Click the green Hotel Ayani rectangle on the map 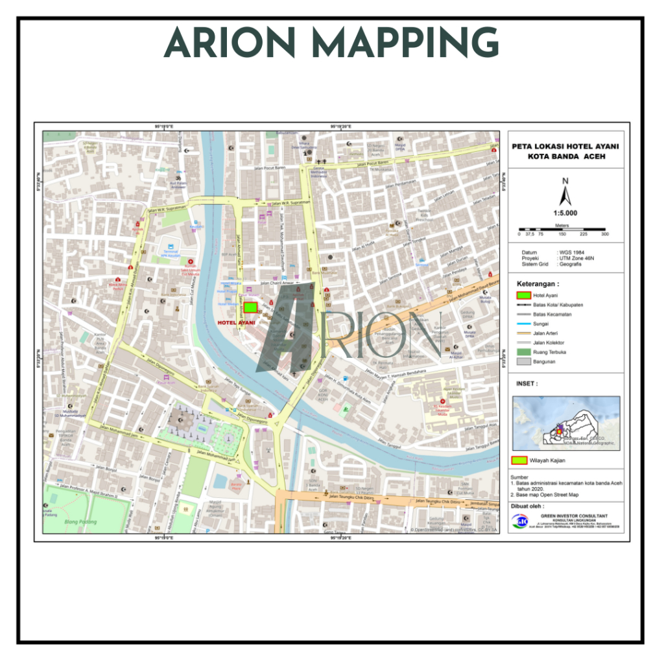(250, 307)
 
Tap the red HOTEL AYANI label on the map (236, 322)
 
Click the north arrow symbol (565, 193)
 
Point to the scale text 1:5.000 (565, 213)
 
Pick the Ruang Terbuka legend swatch (524, 352)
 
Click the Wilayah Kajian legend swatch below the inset (520, 460)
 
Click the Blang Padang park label (81, 522)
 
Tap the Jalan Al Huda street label (364, 245)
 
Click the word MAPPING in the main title (405, 43)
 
